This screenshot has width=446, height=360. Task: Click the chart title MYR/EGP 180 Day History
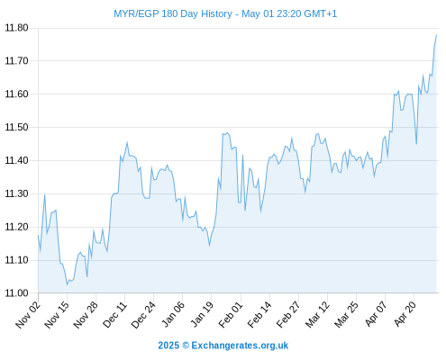click(173, 13)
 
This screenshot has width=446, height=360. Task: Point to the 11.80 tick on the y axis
click(16, 28)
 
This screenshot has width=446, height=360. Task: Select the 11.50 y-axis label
click(16, 127)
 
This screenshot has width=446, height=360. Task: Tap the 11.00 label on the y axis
click(16, 293)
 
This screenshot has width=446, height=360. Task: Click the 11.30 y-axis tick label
click(16, 193)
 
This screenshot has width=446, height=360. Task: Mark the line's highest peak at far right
click(436, 35)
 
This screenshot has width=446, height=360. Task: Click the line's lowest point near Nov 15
click(68, 284)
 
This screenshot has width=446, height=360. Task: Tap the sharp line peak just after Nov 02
click(45, 194)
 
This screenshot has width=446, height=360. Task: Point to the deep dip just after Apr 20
click(416, 144)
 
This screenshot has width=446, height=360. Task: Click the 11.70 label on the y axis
click(16, 61)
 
